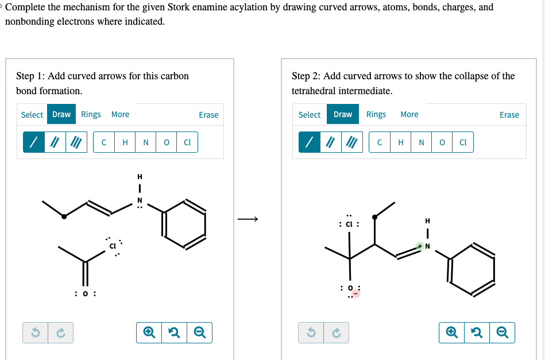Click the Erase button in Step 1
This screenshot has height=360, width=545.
(x=208, y=115)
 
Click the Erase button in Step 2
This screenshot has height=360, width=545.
(x=509, y=115)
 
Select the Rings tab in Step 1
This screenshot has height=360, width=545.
(x=91, y=114)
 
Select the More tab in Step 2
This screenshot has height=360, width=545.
(x=409, y=114)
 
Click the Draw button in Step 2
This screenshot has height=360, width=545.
(x=343, y=114)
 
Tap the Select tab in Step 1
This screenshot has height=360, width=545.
(x=32, y=115)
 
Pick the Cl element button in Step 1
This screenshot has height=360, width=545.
(x=187, y=143)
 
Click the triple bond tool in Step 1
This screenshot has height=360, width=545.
(x=75, y=143)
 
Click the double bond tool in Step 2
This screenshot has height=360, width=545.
(x=331, y=143)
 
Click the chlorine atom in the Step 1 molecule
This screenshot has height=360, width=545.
(x=113, y=246)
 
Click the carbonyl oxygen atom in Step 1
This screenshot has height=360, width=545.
(x=85, y=294)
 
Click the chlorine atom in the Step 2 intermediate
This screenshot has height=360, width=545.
(x=350, y=224)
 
